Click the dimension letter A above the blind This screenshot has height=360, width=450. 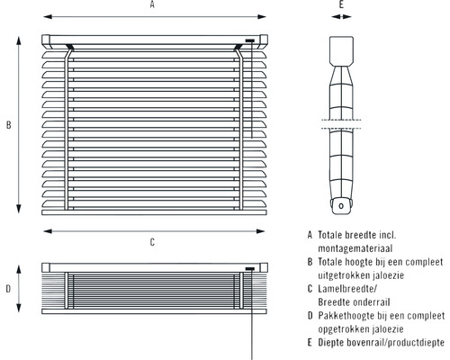(x=152, y=4)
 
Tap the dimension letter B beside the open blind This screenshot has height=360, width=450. (x=9, y=125)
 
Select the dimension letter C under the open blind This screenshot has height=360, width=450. (x=152, y=242)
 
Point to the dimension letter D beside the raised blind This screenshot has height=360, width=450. (x=8, y=289)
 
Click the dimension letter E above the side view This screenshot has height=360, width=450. (x=341, y=4)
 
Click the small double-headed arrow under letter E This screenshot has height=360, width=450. (x=341, y=17)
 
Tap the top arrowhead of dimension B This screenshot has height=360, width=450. (x=19, y=40)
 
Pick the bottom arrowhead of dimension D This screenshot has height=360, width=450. (x=19, y=308)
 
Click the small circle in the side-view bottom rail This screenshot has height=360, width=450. (x=341, y=206)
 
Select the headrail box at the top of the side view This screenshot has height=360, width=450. (x=341, y=50)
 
